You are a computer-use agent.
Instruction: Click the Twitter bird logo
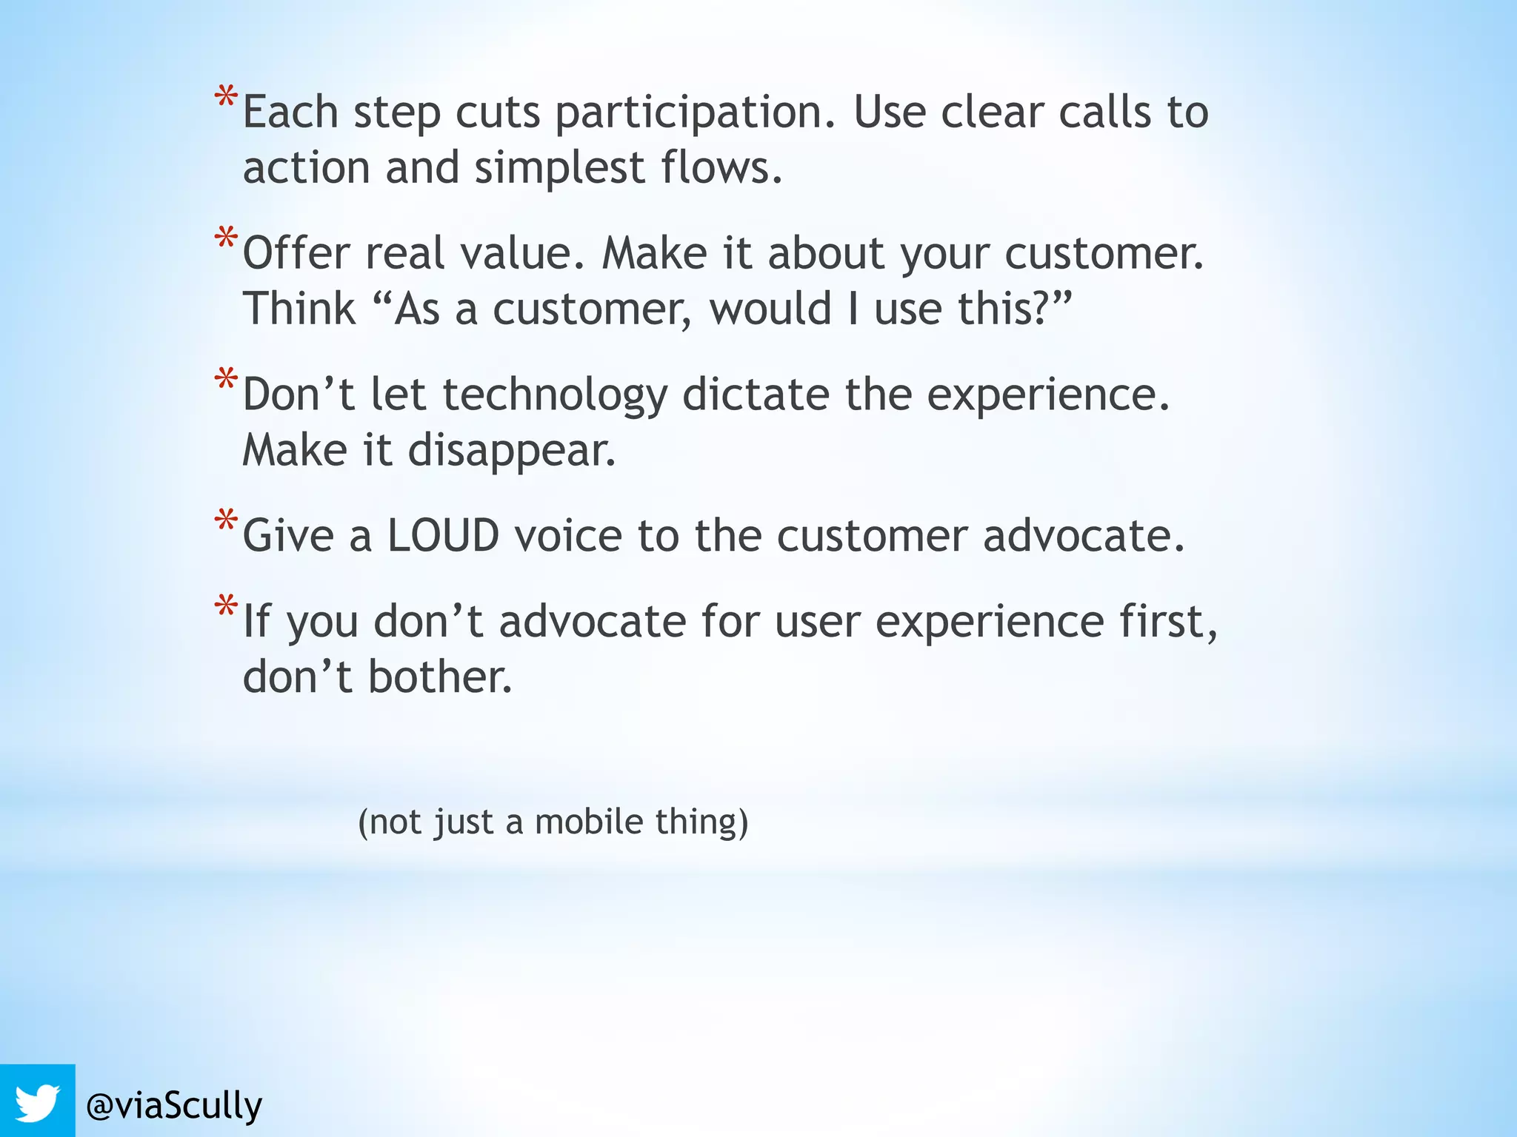(37, 1102)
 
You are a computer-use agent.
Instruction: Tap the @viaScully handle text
(174, 1106)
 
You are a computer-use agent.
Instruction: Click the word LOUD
(443, 535)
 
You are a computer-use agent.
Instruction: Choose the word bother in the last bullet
(440, 677)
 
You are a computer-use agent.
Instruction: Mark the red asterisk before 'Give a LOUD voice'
(226, 521)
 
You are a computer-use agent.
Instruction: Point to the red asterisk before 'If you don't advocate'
(226, 607)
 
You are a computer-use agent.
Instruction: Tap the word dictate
(756, 394)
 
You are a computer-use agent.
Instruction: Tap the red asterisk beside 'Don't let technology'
(226, 380)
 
